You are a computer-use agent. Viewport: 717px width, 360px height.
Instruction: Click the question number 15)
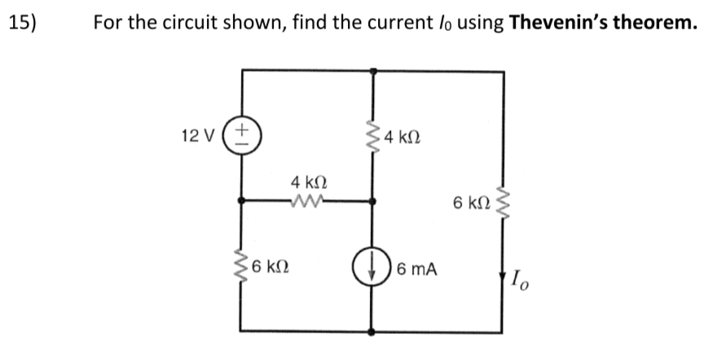pyautogui.click(x=24, y=22)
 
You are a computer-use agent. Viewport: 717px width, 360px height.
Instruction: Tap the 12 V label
pyautogui.click(x=198, y=134)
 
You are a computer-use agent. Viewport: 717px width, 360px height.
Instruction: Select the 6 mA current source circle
pyautogui.click(x=372, y=268)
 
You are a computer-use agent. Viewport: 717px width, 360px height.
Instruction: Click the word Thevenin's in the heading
pyautogui.click(x=557, y=22)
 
